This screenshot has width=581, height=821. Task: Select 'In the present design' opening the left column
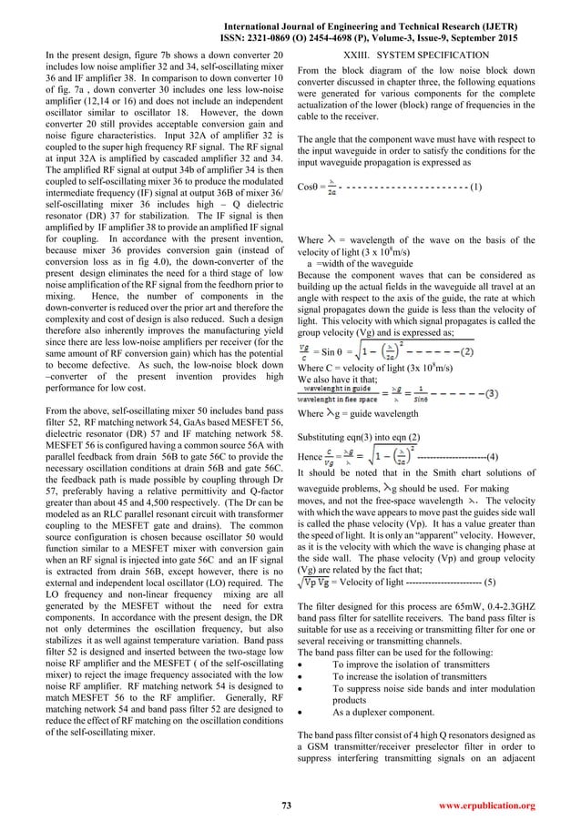87,56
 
